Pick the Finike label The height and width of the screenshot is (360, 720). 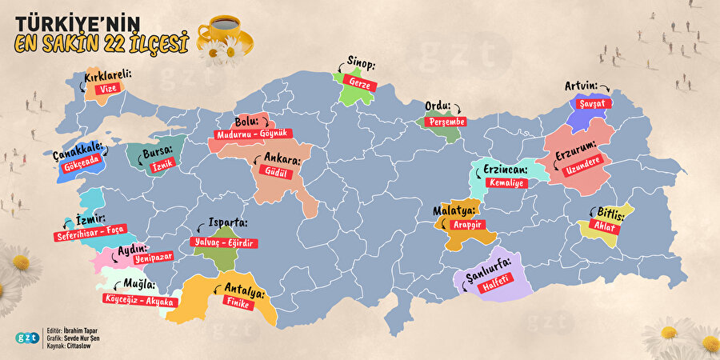(x=239, y=305)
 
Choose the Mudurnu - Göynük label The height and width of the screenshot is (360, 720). (x=251, y=134)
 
